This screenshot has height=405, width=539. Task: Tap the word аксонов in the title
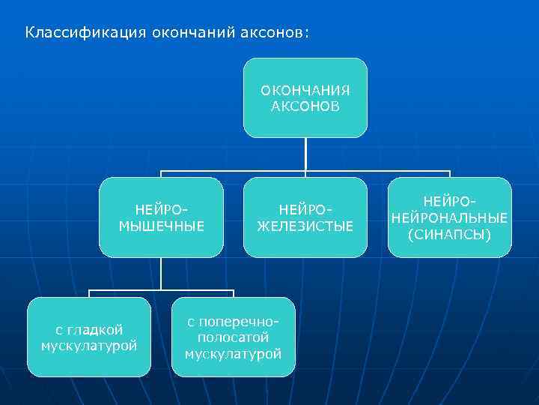coord(274,33)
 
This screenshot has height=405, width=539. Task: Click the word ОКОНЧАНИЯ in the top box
coord(305,91)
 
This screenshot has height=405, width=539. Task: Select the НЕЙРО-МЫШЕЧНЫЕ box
coord(162,217)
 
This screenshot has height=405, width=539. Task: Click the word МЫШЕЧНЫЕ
coord(162,226)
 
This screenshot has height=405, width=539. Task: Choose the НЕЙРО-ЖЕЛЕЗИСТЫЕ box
coord(305,217)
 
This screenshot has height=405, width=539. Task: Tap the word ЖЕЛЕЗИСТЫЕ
coord(305,226)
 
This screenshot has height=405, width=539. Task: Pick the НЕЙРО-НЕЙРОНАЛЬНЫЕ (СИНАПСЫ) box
coord(449,217)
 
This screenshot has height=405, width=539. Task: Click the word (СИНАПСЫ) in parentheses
coord(449,234)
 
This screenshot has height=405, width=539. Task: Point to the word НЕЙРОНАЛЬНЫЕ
coord(449,217)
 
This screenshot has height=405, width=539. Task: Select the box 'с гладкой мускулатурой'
coord(89,337)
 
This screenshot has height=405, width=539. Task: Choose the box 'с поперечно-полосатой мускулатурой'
coord(234,337)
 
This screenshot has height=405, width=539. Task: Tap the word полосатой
coord(234,337)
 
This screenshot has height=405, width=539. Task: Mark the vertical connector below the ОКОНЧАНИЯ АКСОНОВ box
coord(305,154)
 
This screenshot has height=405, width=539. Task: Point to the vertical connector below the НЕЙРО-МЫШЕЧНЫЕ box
coord(162,274)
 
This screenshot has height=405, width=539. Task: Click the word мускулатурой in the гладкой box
coord(89,346)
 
